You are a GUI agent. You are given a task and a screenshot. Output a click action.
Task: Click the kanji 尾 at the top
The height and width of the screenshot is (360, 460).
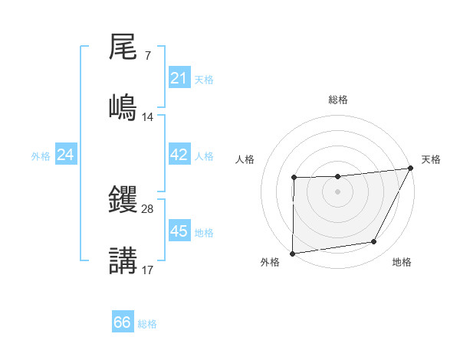pos(123,47)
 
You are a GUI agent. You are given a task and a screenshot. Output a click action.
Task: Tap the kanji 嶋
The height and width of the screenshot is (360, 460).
pos(123,106)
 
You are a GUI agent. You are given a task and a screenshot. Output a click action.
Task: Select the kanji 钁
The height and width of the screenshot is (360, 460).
pos(123,201)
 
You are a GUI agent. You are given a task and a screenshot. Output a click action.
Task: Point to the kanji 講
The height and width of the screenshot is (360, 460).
pos(123,260)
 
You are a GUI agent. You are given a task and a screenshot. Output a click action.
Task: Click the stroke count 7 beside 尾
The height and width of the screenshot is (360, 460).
pos(147,57)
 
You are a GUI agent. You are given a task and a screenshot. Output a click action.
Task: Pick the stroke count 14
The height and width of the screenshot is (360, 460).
pos(148,116)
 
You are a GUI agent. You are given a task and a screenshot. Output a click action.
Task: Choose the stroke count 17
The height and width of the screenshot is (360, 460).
pos(148,270)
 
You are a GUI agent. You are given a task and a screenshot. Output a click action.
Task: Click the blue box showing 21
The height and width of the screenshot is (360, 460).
pos(179,78)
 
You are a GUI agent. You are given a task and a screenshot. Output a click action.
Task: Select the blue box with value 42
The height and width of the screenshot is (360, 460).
pos(179,155)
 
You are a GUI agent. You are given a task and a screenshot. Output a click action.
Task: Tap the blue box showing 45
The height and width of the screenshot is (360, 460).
pos(179,231)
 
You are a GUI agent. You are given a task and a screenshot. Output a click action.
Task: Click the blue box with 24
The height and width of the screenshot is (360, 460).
pos(66,155)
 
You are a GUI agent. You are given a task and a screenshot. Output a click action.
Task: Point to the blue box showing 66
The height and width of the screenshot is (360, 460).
pos(123,322)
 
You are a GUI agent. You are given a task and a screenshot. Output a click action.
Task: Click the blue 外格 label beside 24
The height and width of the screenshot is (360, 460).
pos(41,155)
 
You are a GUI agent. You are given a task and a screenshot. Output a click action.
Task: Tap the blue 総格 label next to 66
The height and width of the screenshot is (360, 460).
pos(147,323)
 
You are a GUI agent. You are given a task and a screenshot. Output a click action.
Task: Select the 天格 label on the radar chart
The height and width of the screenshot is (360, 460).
pos(431,159)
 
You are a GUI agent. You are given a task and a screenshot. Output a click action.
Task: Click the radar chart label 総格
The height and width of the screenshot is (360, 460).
pos(338,100)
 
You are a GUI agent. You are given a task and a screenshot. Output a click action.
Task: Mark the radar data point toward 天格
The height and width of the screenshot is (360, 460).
pos(412,168)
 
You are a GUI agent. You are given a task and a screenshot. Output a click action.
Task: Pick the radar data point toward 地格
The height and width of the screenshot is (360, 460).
pos(374,242)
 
